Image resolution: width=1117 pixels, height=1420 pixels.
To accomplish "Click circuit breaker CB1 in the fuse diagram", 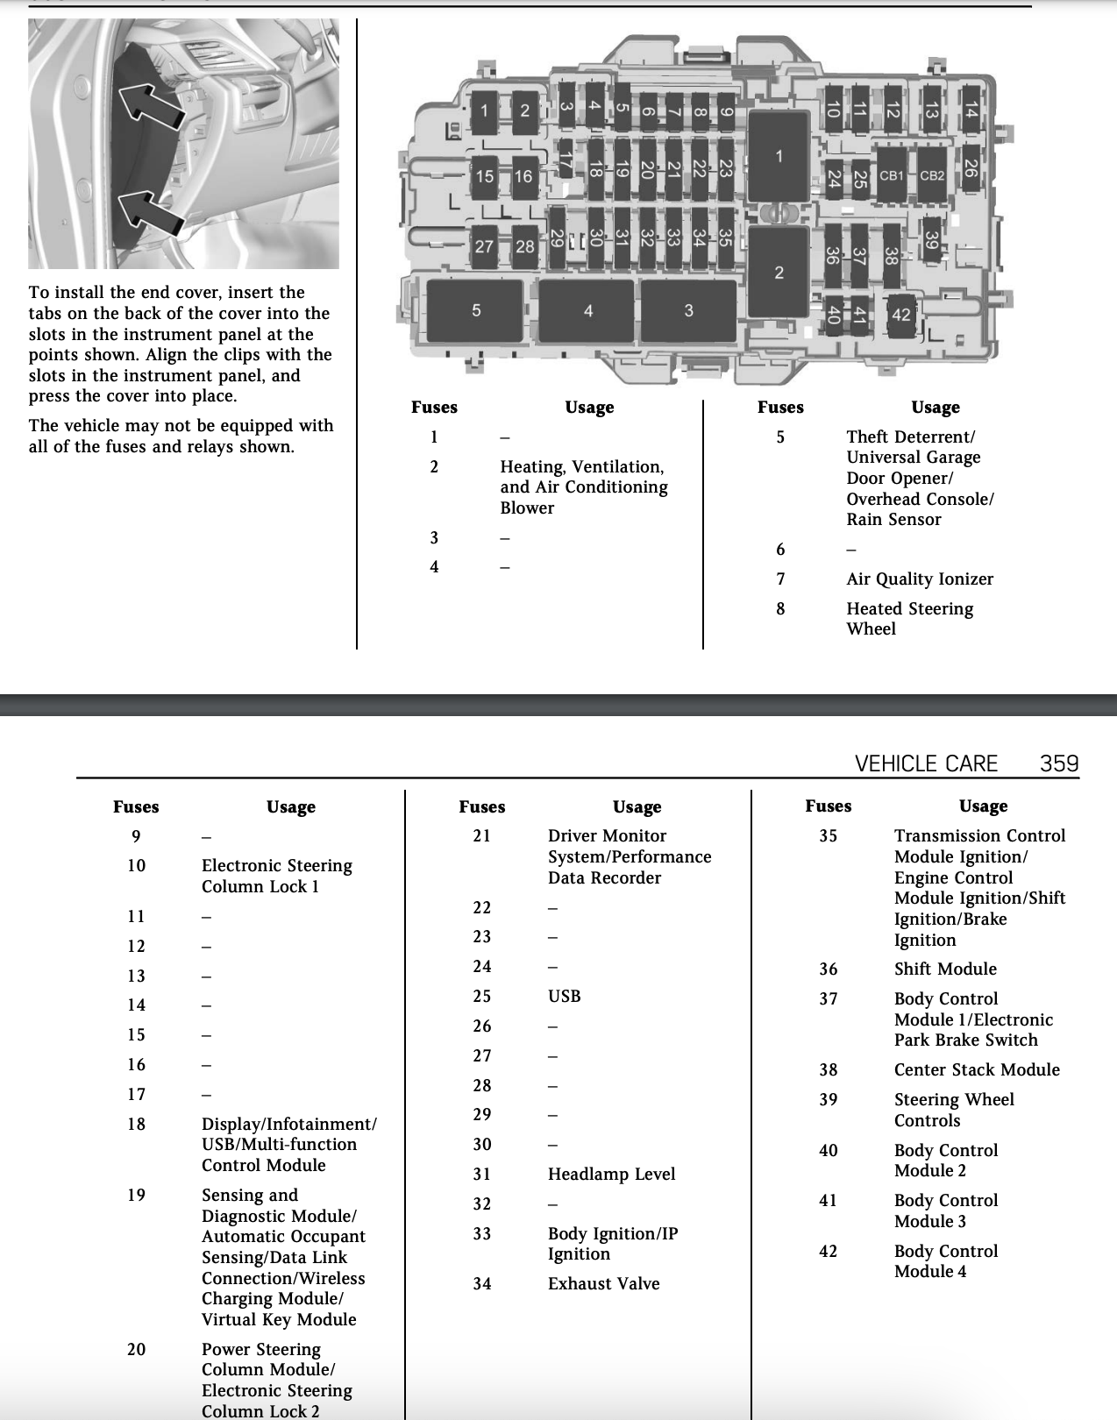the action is [x=891, y=175].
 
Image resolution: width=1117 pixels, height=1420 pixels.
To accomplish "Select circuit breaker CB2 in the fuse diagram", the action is [x=932, y=175].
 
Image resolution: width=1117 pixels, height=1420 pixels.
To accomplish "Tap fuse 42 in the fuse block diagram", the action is [x=901, y=315].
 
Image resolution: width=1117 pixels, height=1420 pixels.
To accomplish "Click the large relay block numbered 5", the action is [x=475, y=310].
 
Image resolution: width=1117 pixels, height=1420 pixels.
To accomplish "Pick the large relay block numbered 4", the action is [x=587, y=310].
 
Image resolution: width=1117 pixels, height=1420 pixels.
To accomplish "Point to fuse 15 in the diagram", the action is [x=485, y=177].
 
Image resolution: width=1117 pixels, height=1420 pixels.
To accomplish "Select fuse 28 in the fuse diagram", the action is [x=525, y=247].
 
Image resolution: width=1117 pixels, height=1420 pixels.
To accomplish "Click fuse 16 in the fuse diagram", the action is [x=523, y=177].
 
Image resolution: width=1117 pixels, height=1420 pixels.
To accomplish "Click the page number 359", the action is [x=1059, y=763].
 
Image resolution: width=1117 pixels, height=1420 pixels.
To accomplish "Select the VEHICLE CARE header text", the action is [x=926, y=763].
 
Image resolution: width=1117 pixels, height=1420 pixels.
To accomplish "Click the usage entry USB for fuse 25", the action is [x=565, y=996].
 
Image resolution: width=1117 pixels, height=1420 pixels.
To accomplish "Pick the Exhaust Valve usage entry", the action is [x=603, y=1283].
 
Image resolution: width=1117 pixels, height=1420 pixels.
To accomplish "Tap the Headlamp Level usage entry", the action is [x=611, y=1174].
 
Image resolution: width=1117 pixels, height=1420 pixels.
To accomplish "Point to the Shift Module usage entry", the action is [x=945, y=969].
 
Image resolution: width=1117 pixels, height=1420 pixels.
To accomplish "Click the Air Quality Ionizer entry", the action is [x=920, y=579].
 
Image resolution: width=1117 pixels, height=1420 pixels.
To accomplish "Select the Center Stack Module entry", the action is [x=977, y=1069].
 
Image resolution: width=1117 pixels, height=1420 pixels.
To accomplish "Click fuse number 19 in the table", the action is [x=137, y=1195].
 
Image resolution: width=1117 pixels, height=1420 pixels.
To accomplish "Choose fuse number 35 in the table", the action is [x=829, y=836].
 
